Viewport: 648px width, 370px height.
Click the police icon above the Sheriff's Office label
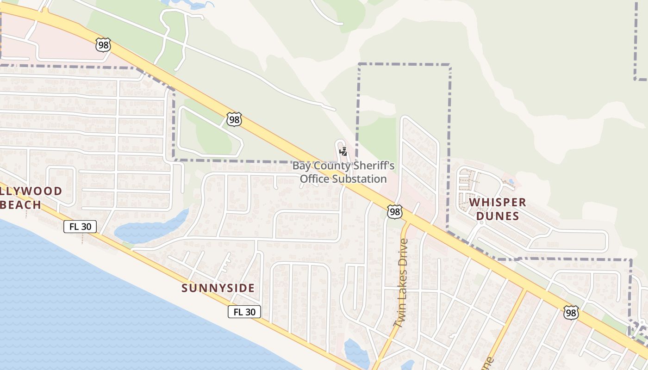tap(343, 151)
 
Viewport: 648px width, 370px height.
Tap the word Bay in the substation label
tap(301, 166)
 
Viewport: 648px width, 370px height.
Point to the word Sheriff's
tap(373, 166)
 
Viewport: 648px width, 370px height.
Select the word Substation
tap(357, 179)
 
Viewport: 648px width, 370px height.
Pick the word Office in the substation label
tap(312, 179)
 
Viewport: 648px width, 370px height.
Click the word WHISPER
tap(498, 203)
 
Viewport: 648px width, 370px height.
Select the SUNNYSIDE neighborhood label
tap(218, 288)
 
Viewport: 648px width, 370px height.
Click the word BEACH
tap(21, 204)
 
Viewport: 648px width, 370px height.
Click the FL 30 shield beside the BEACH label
tap(80, 227)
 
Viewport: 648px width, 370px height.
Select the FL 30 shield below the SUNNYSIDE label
tap(244, 312)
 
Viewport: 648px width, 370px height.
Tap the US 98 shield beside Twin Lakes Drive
tap(395, 212)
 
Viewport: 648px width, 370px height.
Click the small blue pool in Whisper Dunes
tap(511, 181)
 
